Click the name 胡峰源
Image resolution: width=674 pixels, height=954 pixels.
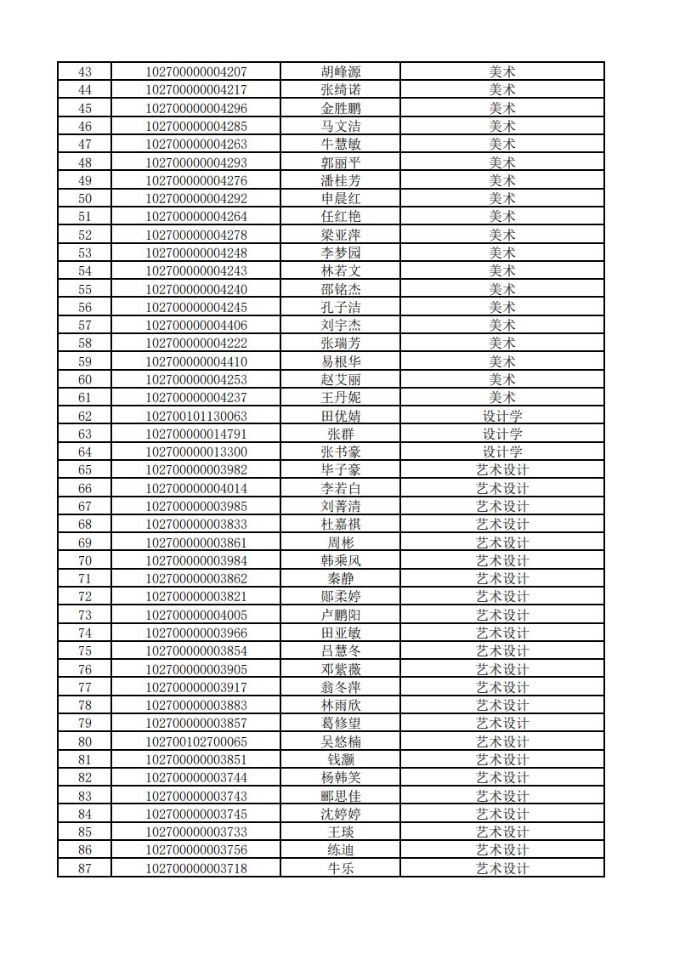coord(340,71)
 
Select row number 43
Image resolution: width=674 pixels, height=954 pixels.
coord(84,71)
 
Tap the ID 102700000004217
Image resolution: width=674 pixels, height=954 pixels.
coord(196,90)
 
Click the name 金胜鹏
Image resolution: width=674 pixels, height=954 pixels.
coord(340,108)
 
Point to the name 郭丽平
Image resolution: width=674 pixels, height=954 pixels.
coord(340,162)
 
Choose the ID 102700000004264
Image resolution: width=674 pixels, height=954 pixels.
coord(196,217)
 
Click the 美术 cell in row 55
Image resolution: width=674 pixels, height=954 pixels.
coord(501,289)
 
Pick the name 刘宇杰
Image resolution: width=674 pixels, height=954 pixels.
coord(340,325)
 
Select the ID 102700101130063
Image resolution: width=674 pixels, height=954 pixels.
coord(196,416)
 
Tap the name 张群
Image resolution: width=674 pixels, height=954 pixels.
coord(340,434)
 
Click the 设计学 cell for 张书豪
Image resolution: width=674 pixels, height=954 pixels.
coord(501,451)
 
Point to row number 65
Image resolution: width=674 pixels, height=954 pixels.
coord(84,470)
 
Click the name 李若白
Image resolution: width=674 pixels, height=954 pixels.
coord(340,488)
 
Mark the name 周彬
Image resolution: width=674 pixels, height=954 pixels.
coord(340,542)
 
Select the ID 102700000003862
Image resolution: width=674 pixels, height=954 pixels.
coord(196,578)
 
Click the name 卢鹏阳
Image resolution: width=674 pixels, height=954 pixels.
coord(340,615)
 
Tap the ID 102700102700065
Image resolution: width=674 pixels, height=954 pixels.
coord(196,741)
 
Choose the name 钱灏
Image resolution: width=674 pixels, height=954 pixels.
coord(340,759)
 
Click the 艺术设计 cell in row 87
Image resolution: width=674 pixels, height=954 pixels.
coord(501,868)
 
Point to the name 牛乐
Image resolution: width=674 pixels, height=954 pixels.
coord(340,868)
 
